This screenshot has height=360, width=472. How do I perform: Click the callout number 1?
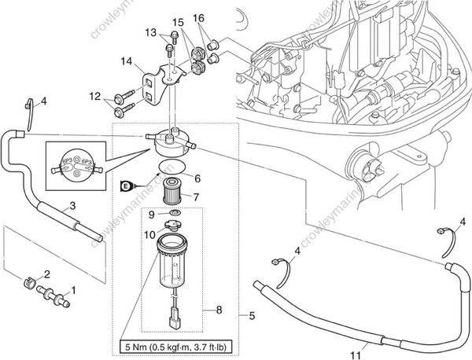tap(75, 291)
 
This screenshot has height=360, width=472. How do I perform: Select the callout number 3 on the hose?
tap(72, 206)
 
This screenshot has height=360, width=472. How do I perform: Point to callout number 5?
tap(251, 317)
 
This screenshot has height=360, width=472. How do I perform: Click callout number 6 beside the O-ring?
tap(197, 178)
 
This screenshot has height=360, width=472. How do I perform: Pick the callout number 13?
tap(151, 32)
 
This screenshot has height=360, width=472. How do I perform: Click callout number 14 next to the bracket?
tap(126, 61)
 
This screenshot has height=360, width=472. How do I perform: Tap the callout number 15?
tap(178, 22)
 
